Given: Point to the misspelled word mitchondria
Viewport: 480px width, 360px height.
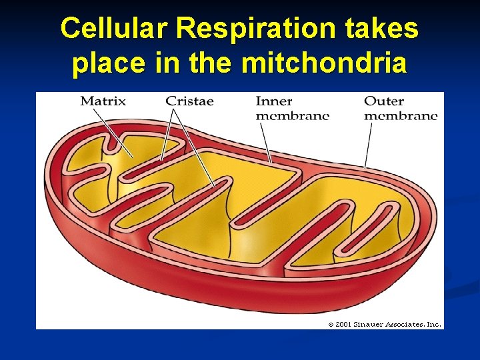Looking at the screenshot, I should coord(324,63).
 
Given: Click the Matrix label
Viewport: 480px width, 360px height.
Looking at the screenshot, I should coord(103,101).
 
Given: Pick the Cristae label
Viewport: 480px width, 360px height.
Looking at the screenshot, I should coord(189,101).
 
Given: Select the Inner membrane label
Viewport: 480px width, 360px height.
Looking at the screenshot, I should coord(292,108).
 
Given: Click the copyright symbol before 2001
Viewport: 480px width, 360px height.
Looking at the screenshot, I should coord(331,325).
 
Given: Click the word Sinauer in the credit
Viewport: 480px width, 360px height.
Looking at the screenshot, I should coord(369,325).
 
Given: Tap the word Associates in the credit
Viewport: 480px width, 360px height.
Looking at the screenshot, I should coord(406,325).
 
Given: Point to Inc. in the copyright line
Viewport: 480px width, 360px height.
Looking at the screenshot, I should coord(433,325).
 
